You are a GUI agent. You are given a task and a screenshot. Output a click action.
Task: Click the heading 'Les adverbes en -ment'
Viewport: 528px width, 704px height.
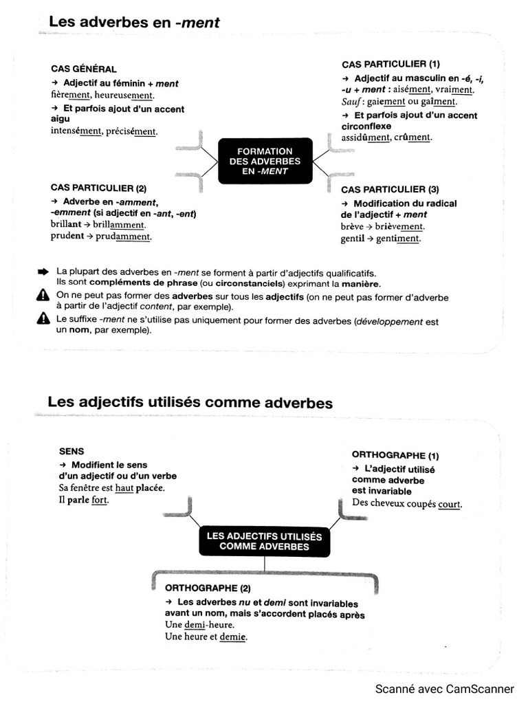pyautogui.click(x=134, y=22)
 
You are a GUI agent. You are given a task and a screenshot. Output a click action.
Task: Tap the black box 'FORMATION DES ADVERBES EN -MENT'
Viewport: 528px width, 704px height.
pyautogui.click(x=265, y=162)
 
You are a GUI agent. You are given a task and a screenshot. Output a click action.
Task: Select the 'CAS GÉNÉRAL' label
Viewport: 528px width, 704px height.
pyautogui.click(x=84, y=69)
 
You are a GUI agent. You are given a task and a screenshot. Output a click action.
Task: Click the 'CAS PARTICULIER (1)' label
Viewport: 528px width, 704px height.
pyautogui.click(x=390, y=64)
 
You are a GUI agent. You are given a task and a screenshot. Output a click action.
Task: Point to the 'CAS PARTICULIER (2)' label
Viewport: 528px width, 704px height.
pyautogui.click(x=98, y=188)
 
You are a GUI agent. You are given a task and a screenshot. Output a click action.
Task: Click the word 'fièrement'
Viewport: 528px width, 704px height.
pyautogui.click(x=71, y=95)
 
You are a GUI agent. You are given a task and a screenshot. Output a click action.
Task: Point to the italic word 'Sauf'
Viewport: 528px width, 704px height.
pyautogui.click(x=351, y=102)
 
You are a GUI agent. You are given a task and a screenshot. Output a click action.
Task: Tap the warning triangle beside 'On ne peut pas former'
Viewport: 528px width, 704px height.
pyautogui.click(x=43, y=296)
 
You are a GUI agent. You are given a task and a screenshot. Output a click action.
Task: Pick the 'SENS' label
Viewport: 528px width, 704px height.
pyautogui.click(x=72, y=451)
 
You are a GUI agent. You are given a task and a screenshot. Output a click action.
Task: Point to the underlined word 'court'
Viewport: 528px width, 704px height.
pyautogui.click(x=450, y=504)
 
